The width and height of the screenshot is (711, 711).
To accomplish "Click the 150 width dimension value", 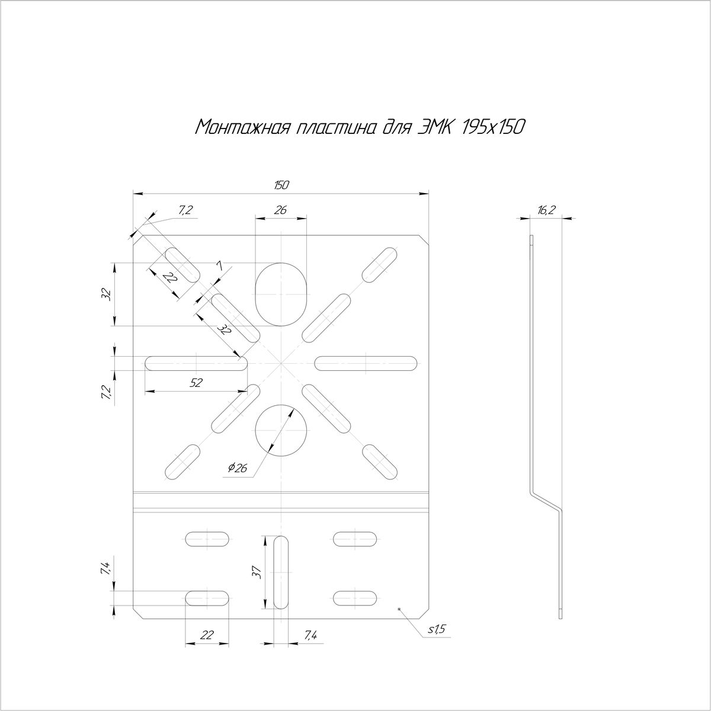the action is (281, 185).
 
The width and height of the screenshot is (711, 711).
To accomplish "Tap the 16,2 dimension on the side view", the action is (546, 210).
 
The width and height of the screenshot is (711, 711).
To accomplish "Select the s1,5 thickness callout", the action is (437, 629).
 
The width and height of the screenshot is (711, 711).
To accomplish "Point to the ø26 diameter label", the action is (237, 469).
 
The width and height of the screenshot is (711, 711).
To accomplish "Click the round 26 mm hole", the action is (281, 430).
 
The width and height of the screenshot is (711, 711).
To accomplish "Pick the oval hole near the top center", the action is (281, 294).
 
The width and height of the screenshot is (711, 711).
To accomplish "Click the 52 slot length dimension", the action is (196, 383).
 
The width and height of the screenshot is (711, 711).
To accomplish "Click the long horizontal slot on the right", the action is (366, 363).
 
